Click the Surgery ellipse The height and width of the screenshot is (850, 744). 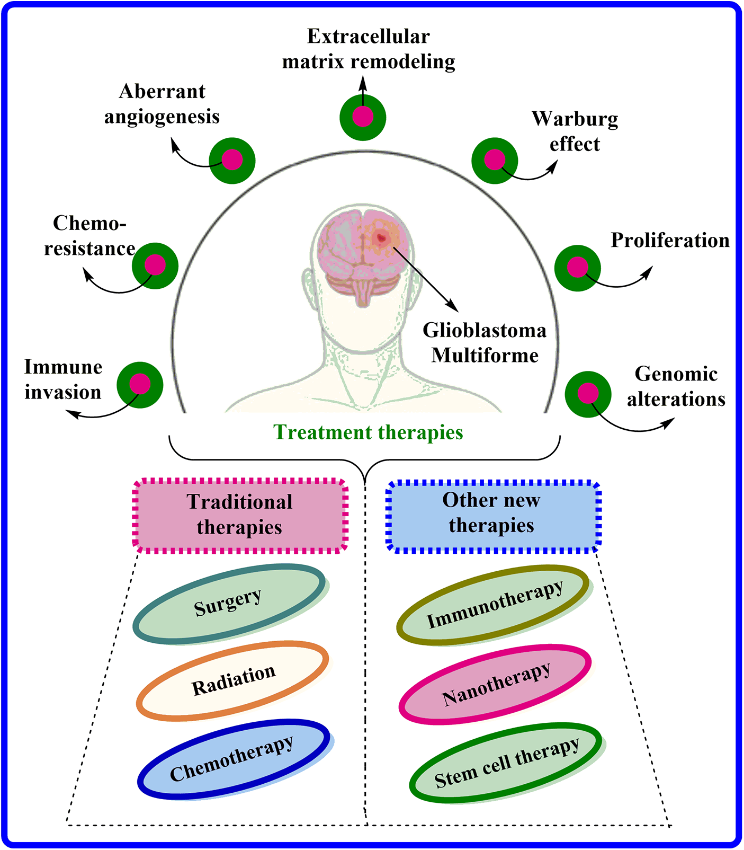pos(229,604)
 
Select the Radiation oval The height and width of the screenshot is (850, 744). pos(232,680)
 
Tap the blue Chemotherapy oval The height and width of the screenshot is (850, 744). pos(233,759)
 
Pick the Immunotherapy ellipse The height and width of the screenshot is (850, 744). pos(493,605)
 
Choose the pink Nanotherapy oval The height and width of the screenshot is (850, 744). pos(495,684)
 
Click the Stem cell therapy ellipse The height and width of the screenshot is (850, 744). pos(506,763)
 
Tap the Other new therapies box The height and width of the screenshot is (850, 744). pos(492,513)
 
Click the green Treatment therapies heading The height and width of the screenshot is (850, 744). pos(368,432)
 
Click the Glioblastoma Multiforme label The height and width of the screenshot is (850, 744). pos(485,343)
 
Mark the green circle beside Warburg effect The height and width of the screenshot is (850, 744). pos(495,161)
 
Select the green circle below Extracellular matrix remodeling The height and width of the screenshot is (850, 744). pos(363,117)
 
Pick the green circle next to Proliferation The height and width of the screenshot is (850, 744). pos(578,268)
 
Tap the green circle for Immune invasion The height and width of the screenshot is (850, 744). pos(140,385)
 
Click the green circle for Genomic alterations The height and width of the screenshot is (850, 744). pos(588,394)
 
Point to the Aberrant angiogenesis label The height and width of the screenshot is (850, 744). pos(162,104)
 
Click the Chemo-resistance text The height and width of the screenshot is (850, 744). pos(89,236)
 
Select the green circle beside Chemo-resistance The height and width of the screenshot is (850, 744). pos(155,265)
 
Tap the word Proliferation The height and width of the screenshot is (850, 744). pos(670,241)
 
